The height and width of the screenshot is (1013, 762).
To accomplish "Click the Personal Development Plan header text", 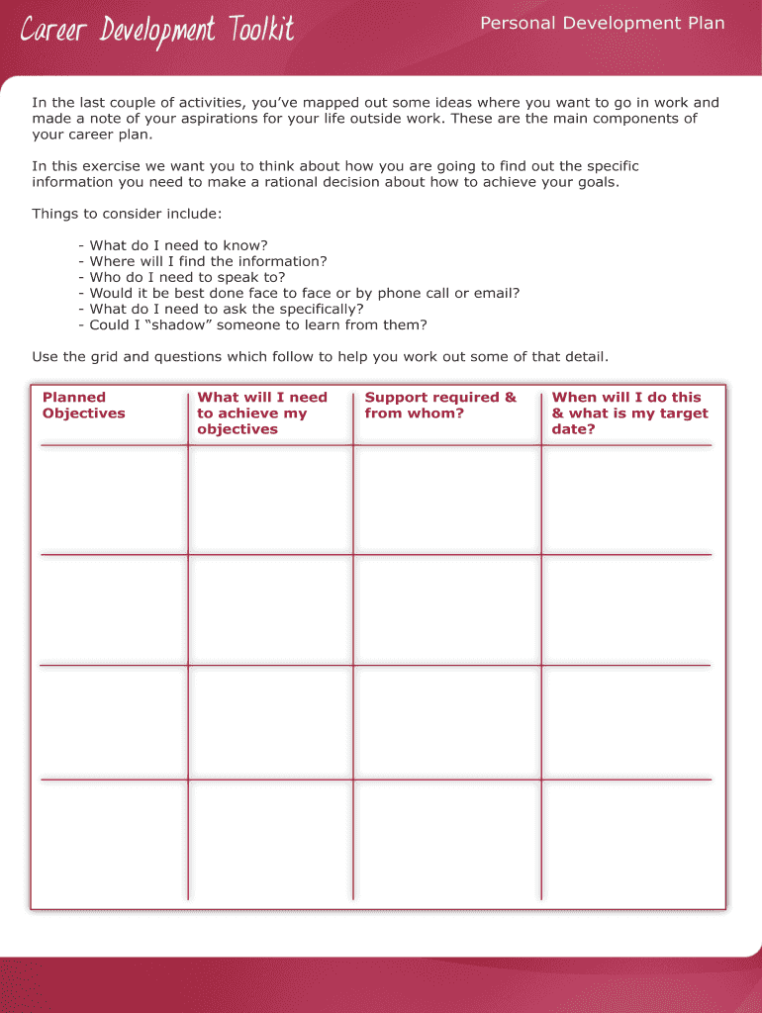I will tap(602, 23).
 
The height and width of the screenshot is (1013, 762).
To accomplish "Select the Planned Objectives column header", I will tap(84, 406).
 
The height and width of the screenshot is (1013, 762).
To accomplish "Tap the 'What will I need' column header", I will tap(261, 413).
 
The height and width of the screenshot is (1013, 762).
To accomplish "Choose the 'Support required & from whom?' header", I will tap(440, 406).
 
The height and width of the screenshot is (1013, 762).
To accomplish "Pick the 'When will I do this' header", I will tap(629, 413).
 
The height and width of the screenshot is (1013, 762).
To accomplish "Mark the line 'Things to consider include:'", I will tap(127, 214).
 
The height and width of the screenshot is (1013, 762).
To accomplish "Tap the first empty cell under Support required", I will tap(446, 500).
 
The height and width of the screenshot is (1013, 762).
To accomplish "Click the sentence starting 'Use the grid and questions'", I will tap(320, 356).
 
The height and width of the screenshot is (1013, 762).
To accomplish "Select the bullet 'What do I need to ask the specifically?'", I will tap(226, 309).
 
